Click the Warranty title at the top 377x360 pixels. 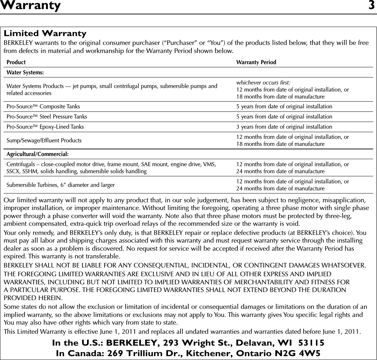pyautogui.click(x=31, y=6)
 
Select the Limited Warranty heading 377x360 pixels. pyautogui.click(x=45, y=34)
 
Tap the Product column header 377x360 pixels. pyautogui.click(x=16, y=62)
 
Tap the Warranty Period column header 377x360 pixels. pyautogui.click(x=256, y=62)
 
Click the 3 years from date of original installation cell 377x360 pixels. pyautogui.click(x=284, y=127)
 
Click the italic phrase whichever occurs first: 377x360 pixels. pyautogui.click(x=263, y=83)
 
